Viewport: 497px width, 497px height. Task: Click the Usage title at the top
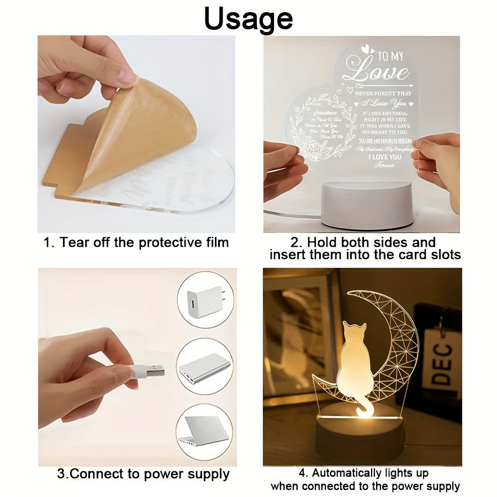tap(248, 19)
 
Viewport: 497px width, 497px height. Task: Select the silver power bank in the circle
tap(204, 367)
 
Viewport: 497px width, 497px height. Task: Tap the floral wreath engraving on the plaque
tap(313, 127)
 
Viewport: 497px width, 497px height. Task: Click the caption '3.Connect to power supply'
tap(143, 474)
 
